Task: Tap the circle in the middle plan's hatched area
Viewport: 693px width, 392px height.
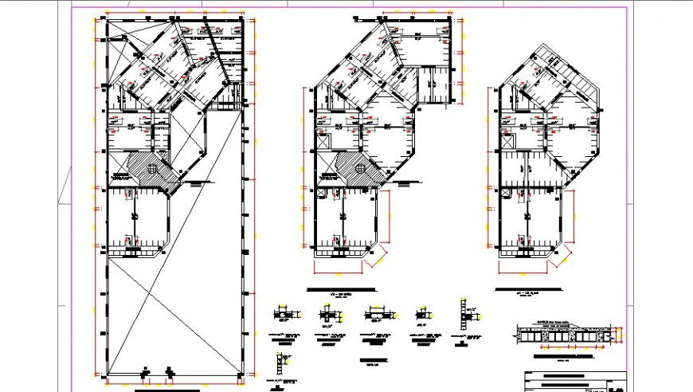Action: tap(360, 168)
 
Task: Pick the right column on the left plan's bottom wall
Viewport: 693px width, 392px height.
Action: tap(170, 371)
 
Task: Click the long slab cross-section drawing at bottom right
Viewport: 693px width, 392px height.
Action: tap(566, 334)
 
